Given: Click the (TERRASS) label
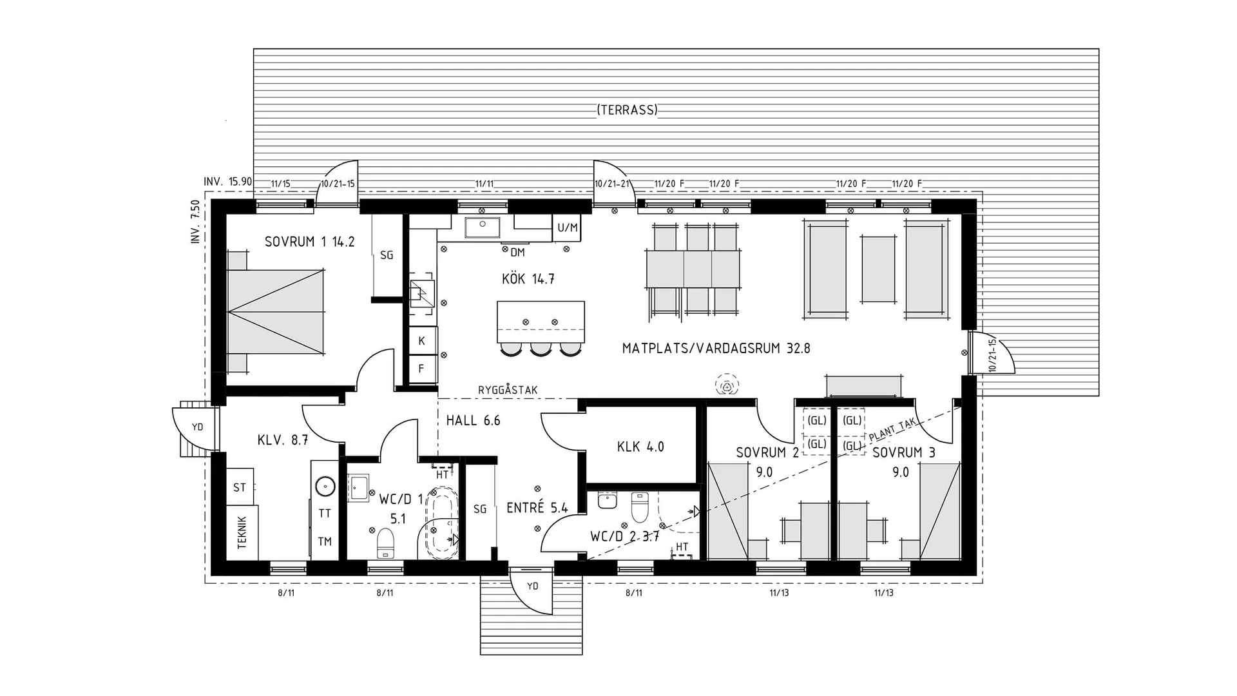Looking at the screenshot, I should pyautogui.click(x=627, y=110).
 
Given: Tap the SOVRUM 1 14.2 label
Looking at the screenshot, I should pyautogui.click(x=309, y=242).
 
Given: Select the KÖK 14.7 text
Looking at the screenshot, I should pyautogui.click(x=528, y=279).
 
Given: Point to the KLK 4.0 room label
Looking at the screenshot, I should pyautogui.click(x=640, y=447).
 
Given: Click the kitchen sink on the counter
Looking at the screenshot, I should pyautogui.click(x=482, y=227).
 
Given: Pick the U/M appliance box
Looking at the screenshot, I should pyautogui.click(x=568, y=227).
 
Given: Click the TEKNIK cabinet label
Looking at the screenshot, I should pyautogui.click(x=242, y=533).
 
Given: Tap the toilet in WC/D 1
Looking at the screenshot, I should pyautogui.click(x=385, y=543).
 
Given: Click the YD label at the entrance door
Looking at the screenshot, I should pyautogui.click(x=532, y=586).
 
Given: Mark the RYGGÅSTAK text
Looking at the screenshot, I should pyautogui.click(x=508, y=391).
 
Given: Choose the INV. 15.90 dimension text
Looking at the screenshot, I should pyautogui.click(x=227, y=182).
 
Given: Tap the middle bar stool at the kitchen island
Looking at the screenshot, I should pyautogui.click(x=541, y=349).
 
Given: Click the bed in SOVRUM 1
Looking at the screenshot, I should pyautogui.click(x=276, y=311).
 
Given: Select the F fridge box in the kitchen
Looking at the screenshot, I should pyautogui.click(x=422, y=369).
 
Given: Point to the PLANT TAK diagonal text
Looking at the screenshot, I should pyautogui.click(x=892, y=429).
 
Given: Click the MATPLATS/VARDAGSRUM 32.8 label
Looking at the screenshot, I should pyautogui.click(x=716, y=349).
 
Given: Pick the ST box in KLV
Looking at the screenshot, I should pyautogui.click(x=240, y=488).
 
